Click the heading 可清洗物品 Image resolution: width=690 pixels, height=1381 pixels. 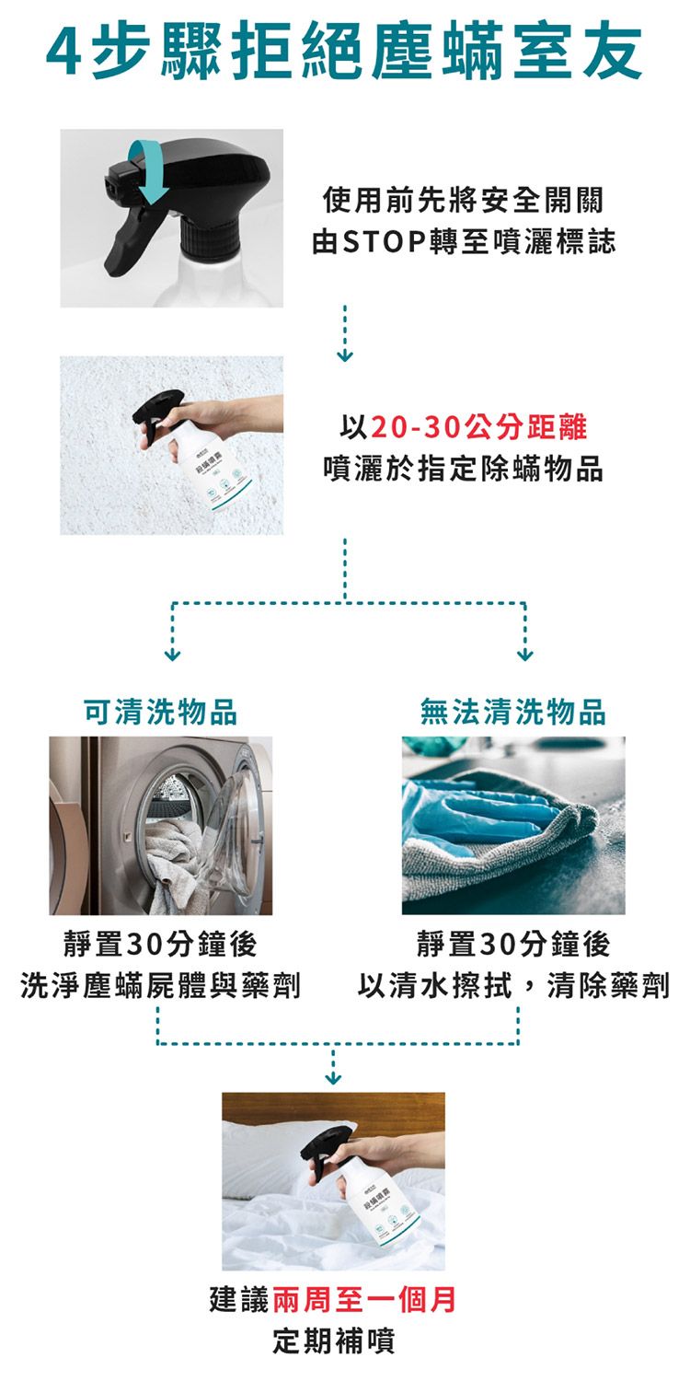click(161, 712)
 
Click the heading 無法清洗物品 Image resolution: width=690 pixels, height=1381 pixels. click(513, 712)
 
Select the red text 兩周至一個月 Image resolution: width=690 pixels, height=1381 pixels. click(363, 1300)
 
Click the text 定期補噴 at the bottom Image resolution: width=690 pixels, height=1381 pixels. click(334, 1341)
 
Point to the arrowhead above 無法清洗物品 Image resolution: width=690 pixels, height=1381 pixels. click(524, 655)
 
